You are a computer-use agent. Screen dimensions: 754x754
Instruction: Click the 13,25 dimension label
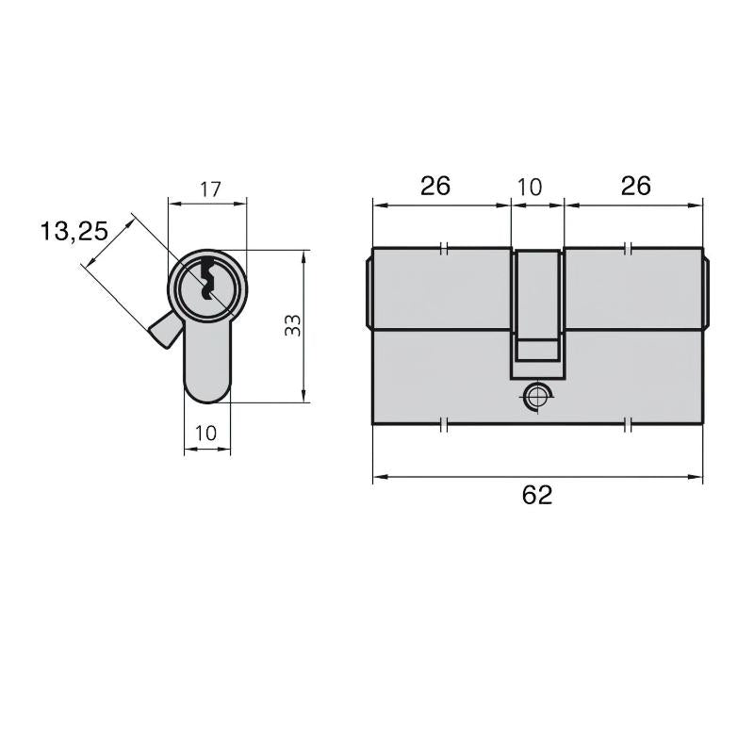click(74, 230)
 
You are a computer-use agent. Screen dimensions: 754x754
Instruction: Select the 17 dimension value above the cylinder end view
click(209, 188)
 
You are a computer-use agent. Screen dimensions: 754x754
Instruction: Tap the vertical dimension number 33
click(293, 326)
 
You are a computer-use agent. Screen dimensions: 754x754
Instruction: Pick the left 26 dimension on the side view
click(434, 186)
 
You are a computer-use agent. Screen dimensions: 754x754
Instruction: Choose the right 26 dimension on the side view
click(636, 186)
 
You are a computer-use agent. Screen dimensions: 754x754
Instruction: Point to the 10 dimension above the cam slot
click(531, 187)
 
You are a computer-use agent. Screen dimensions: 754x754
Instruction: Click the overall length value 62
click(537, 495)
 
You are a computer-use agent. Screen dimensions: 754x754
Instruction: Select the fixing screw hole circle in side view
click(537, 396)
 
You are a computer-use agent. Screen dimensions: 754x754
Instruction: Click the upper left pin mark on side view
click(444, 250)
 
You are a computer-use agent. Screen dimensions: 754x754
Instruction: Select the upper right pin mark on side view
click(630, 250)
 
